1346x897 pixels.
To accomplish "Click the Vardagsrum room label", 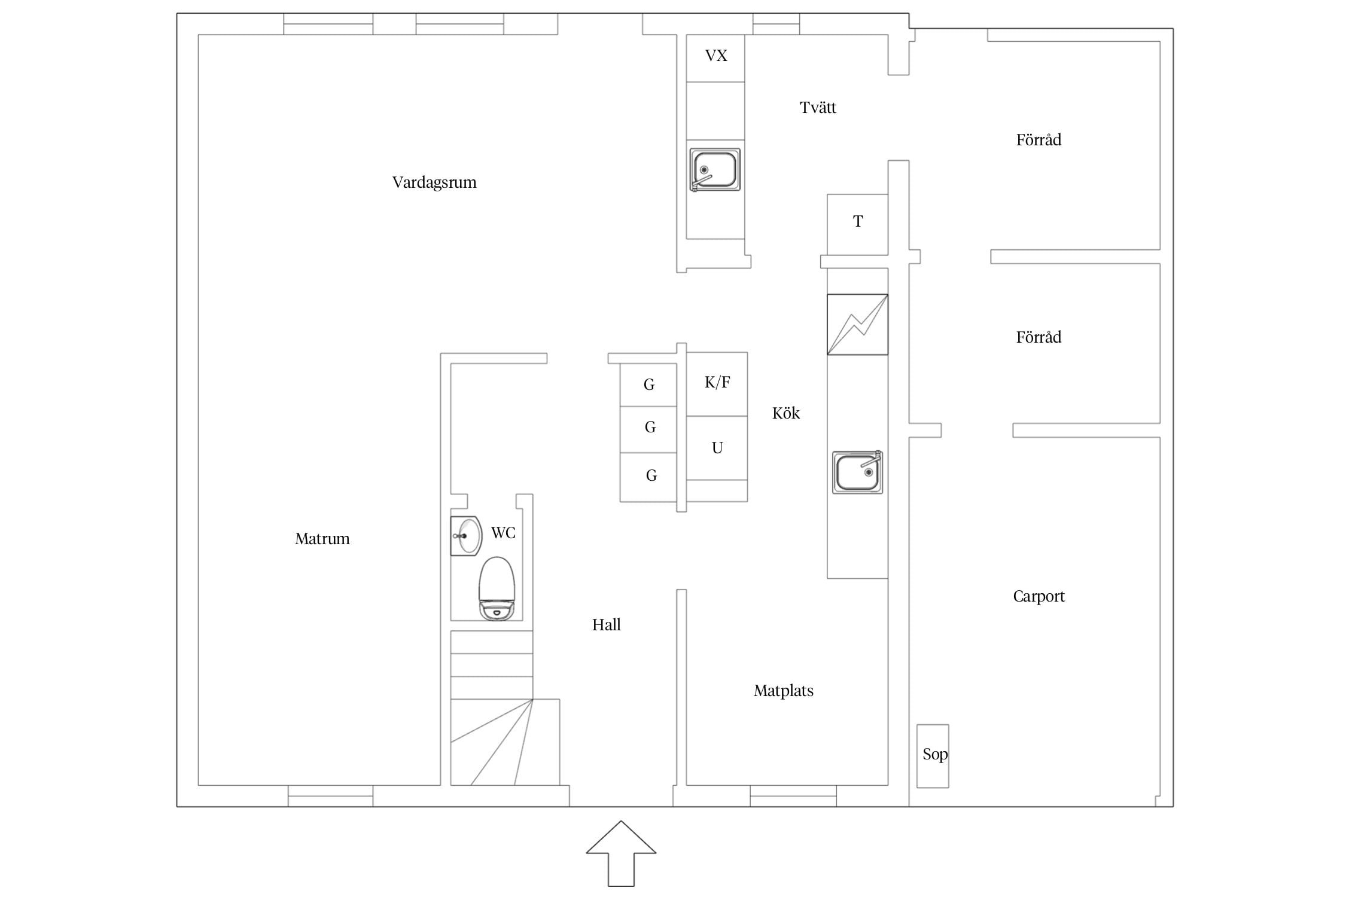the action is [434, 182].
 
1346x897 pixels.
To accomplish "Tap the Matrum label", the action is [322, 539].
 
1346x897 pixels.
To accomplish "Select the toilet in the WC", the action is [497, 589].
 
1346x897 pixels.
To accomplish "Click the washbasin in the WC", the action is [466, 536].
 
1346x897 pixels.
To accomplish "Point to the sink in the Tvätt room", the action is [715, 170].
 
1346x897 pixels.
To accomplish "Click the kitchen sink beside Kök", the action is [857, 472].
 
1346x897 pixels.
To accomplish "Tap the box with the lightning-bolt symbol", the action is [857, 325].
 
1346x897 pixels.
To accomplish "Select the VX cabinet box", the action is [715, 58].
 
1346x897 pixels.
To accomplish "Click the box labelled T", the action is [857, 224].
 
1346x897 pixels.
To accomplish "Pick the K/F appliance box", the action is [717, 384].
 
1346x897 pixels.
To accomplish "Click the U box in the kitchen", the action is [717, 448].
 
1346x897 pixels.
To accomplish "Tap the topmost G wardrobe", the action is [648, 385].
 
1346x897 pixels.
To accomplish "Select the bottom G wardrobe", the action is [648, 477].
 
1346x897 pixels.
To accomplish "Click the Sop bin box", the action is [933, 756].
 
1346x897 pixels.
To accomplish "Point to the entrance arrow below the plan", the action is [621, 853].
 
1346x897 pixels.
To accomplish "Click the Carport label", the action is [1039, 597].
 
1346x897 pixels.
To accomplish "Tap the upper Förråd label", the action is [1039, 139].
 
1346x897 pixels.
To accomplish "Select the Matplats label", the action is [784, 691].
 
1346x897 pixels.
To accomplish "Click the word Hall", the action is [606, 625].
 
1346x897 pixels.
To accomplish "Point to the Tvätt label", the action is [818, 108].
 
